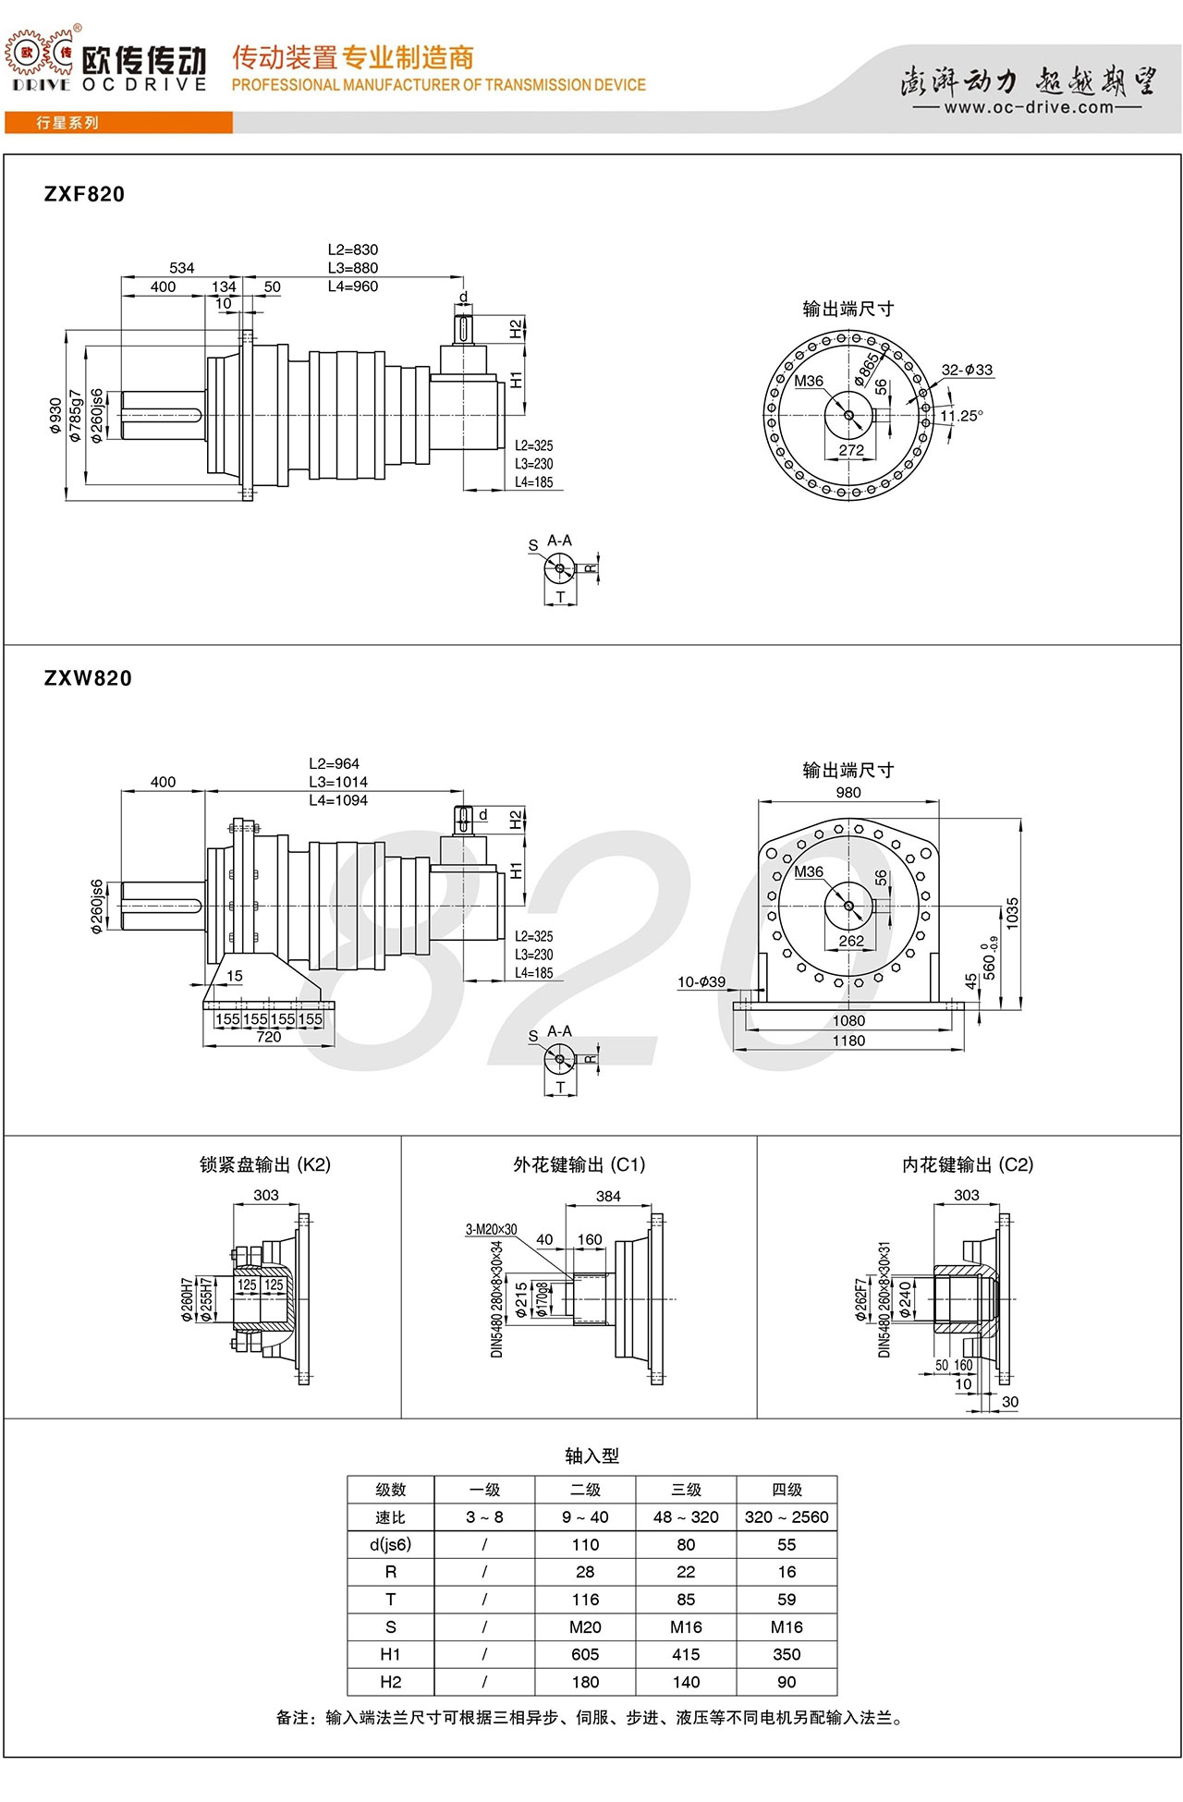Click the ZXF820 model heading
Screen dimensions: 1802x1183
point(84,194)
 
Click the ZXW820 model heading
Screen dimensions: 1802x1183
point(88,678)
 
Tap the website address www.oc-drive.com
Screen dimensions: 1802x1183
point(1029,107)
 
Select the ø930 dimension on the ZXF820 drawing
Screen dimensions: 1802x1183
point(56,416)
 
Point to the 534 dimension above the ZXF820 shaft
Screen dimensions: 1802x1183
point(182,268)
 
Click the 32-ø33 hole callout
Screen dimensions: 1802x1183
point(967,370)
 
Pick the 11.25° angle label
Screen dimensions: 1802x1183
point(961,416)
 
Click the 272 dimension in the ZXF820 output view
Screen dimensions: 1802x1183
point(851,450)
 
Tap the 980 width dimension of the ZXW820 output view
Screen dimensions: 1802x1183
point(848,792)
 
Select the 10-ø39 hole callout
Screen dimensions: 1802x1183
point(701,981)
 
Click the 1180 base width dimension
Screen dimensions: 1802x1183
point(848,1041)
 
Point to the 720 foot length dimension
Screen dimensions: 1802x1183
point(269,1037)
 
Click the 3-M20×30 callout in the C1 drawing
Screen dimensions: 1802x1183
point(491,1229)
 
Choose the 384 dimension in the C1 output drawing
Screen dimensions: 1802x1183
point(608,1196)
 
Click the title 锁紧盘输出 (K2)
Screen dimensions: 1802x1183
point(265,1164)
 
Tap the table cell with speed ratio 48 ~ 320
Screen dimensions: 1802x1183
point(686,1516)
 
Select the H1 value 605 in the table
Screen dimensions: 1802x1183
point(585,1654)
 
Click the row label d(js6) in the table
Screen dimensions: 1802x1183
point(390,1544)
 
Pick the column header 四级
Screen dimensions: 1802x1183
point(787,1490)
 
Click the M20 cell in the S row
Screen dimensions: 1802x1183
point(585,1626)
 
